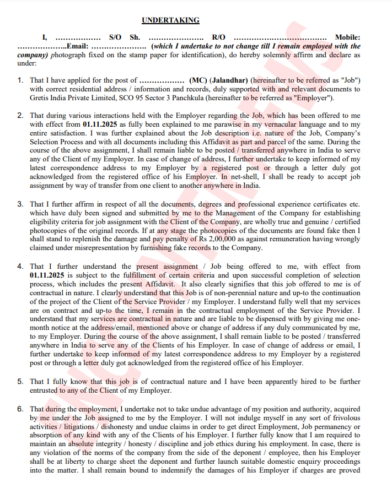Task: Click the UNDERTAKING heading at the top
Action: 170,20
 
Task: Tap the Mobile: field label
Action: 347,37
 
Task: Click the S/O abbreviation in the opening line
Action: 115,37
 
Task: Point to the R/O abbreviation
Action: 219,37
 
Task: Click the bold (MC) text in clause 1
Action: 198,80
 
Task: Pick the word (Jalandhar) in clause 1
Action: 229,80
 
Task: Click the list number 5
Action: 20,381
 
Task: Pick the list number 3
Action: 20,204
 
